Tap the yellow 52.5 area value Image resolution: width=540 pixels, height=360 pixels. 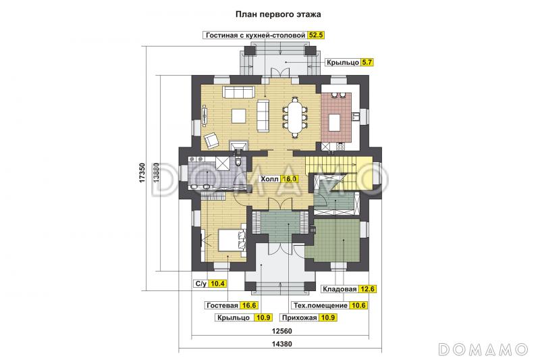316,34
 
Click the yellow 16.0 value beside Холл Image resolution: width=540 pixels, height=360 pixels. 290,180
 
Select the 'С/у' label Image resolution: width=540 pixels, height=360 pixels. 200,284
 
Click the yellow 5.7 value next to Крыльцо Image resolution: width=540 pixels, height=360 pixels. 367,62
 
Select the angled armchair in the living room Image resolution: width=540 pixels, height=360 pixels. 212,138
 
